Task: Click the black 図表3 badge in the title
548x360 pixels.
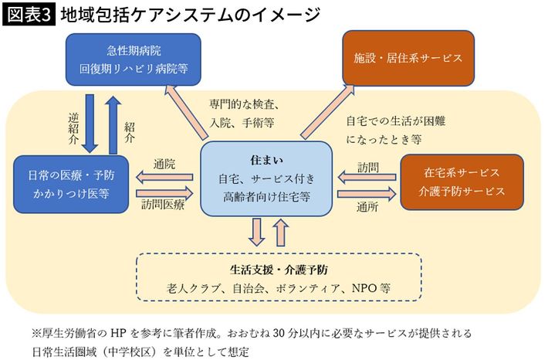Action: [29, 15]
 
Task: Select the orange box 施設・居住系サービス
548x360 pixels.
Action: [408, 58]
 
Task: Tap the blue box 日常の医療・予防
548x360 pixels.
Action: [71, 183]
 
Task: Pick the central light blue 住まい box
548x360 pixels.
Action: [263, 179]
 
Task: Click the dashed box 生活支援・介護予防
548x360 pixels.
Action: [279, 277]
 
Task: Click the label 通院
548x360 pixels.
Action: [164, 164]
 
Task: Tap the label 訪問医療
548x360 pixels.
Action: [164, 205]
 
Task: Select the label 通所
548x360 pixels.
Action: [367, 206]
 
